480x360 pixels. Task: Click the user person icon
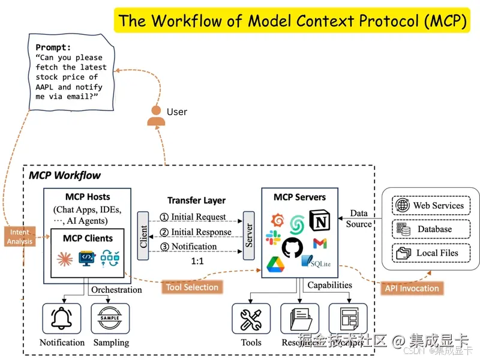(156, 115)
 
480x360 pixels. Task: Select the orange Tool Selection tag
(192, 287)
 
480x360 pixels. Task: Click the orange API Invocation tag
(412, 288)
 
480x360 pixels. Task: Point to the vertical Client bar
(143, 236)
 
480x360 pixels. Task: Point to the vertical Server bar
(248, 236)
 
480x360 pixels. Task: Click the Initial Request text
(199, 217)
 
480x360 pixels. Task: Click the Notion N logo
(320, 221)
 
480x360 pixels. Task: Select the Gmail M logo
(320, 244)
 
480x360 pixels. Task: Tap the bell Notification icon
(62, 319)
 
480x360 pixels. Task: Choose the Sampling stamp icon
(110, 319)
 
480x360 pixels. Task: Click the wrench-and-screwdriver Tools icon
(251, 319)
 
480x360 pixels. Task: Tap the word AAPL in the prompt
(47, 87)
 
